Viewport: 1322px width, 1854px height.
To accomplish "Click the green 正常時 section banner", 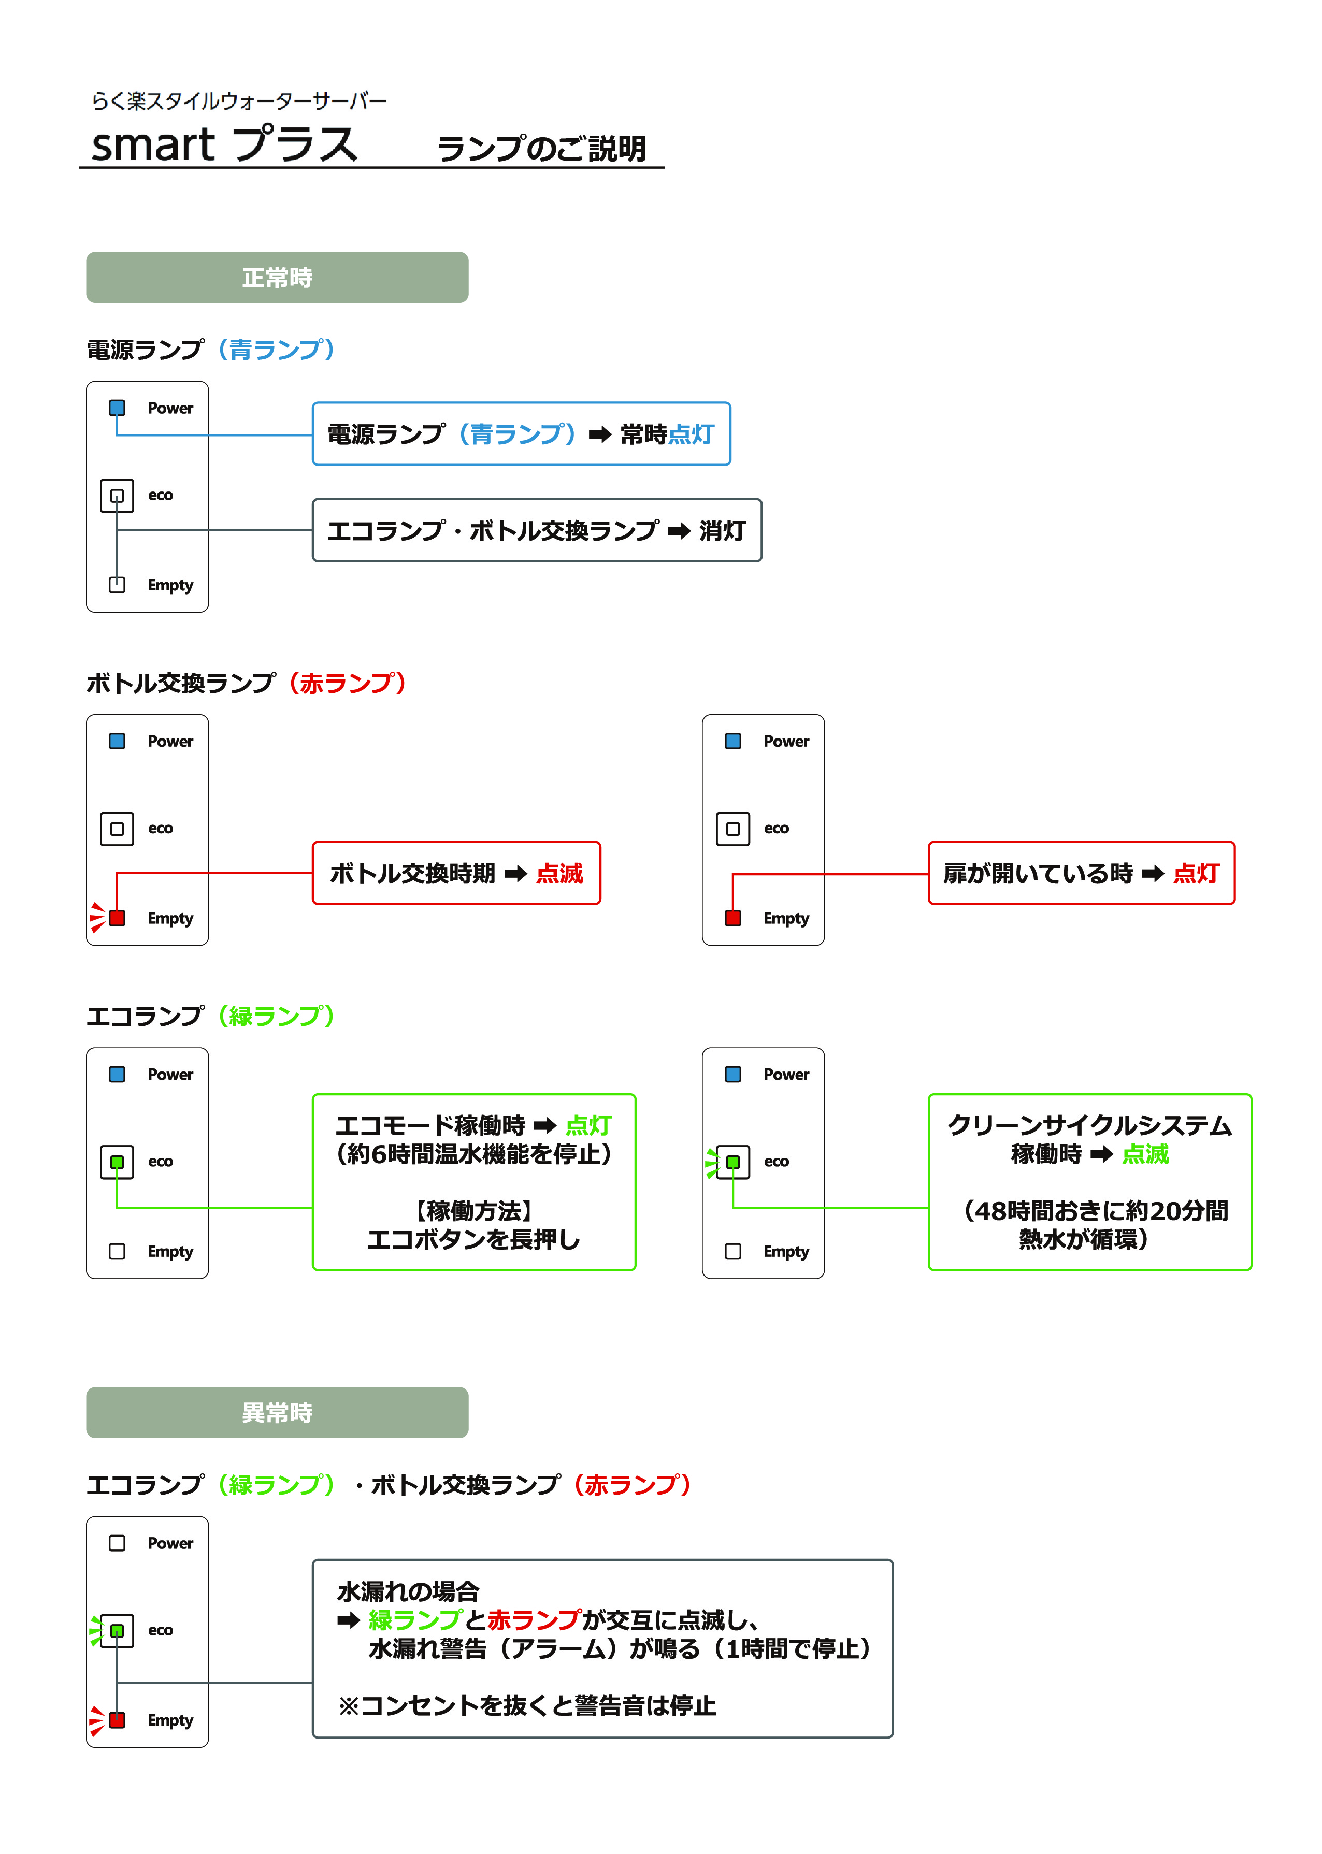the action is coord(277,278).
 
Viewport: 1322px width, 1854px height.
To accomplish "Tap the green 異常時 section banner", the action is coord(277,1412).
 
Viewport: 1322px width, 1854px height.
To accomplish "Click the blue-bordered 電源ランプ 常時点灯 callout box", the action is coord(521,434).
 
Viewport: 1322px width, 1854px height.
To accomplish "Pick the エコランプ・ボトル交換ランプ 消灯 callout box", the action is coord(537,530).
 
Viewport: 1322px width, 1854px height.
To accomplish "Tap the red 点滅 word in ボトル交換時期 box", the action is coord(559,873).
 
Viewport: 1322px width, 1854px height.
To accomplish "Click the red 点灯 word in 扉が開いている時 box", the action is coord(1196,873).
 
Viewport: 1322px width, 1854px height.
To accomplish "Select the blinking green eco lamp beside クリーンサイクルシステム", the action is coord(732,1162).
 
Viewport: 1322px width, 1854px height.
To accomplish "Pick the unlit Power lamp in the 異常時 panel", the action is coord(117,1543).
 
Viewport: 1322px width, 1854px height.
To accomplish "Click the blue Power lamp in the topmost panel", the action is coord(117,408).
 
